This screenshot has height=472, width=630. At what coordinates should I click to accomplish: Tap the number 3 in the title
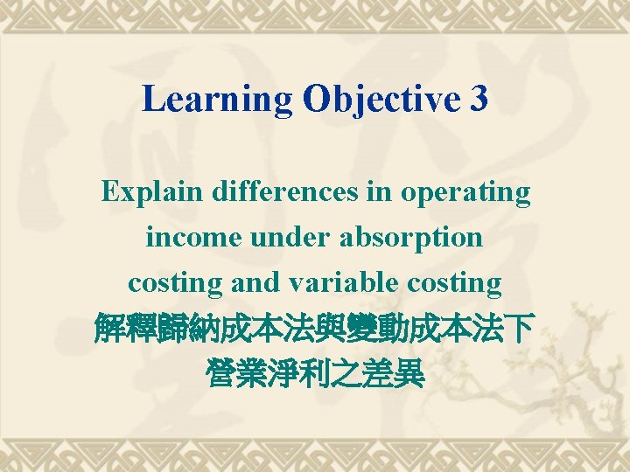click(x=479, y=101)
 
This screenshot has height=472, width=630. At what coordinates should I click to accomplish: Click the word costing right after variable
click(x=451, y=284)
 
